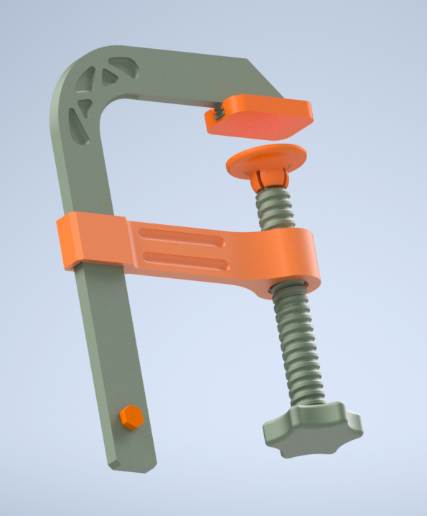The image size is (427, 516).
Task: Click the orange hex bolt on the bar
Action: click(x=131, y=417)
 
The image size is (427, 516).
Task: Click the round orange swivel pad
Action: click(x=266, y=157)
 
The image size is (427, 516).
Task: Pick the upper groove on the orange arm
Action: click(x=183, y=236)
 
